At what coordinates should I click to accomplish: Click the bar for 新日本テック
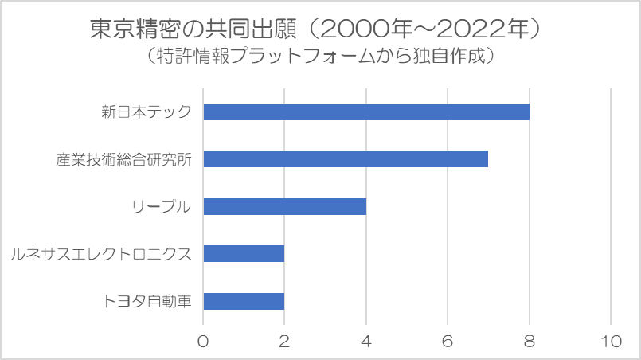point(366,112)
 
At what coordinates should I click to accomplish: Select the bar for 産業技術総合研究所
point(346,158)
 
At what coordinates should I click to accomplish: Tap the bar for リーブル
point(284,206)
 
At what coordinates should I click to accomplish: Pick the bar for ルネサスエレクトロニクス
point(244,254)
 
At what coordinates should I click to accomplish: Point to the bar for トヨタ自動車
point(244,301)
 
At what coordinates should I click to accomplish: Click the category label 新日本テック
point(147,112)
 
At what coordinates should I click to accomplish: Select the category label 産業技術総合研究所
point(123,158)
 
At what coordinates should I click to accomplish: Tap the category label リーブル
point(162,206)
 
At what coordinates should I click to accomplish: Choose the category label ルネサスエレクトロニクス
point(101,254)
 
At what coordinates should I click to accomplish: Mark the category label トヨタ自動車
point(147,301)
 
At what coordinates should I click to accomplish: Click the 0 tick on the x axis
point(203,340)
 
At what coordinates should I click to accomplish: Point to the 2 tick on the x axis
point(284,340)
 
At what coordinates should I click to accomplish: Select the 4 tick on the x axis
point(366,340)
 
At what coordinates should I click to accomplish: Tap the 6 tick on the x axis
point(448,340)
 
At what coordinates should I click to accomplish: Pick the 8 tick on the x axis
point(529,340)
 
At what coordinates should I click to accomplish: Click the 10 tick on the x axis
point(611,340)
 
